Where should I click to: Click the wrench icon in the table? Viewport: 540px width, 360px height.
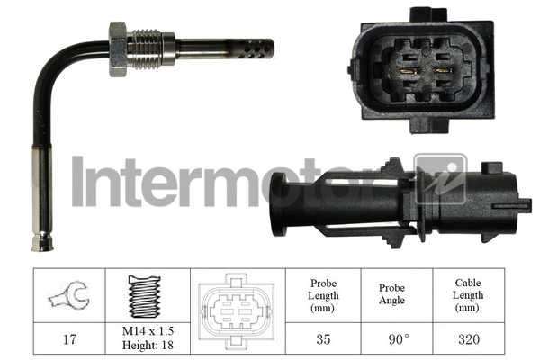68,296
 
